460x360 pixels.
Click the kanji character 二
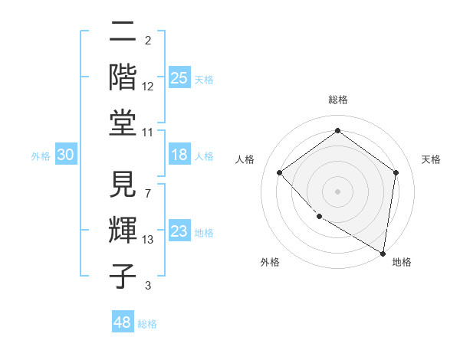(123, 32)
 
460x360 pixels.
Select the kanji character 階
(123, 77)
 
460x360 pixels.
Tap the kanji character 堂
(123, 122)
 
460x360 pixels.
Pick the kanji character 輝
(123, 230)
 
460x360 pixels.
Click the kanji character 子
(123, 275)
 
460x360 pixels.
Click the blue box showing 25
(179, 78)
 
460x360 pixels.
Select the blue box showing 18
(179, 155)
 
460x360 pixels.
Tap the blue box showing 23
(179, 231)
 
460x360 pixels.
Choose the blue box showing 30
(66, 155)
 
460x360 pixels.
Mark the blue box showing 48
(123, 322)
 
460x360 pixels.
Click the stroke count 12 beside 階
(148, 87)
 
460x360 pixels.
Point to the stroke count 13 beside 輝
(148, 240)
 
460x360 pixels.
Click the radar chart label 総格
(338, 100)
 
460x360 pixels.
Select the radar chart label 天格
(431, 159)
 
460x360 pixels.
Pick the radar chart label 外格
(270, 262)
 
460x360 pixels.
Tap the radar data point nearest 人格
(280, 172)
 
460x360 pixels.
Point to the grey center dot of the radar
(338, 191)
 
